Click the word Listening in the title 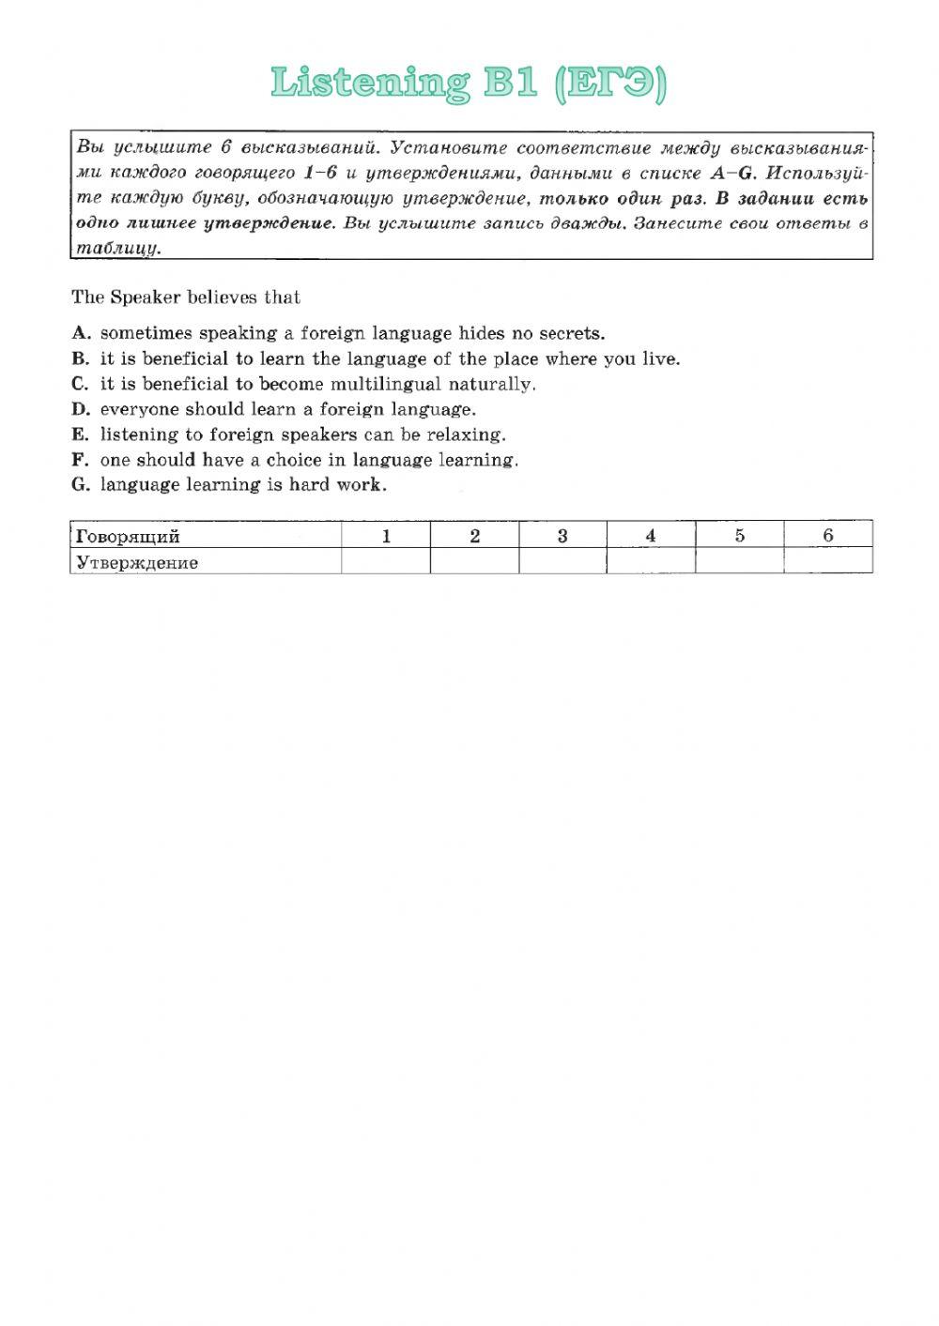click(369, 84)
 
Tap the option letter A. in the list click(81, 333)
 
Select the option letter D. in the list click(81, 409)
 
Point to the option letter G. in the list click(81, 485)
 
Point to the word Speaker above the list click(146, 297)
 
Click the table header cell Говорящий click(127, 536)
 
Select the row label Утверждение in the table click(137, 563)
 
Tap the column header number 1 click(386, 536)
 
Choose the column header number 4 click(651, 536)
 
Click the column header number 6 click(828, 536)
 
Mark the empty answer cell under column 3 click(562, 561)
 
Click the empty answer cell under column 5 click(740, 561)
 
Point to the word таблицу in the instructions click(118, 249)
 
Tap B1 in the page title click(511, 84)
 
